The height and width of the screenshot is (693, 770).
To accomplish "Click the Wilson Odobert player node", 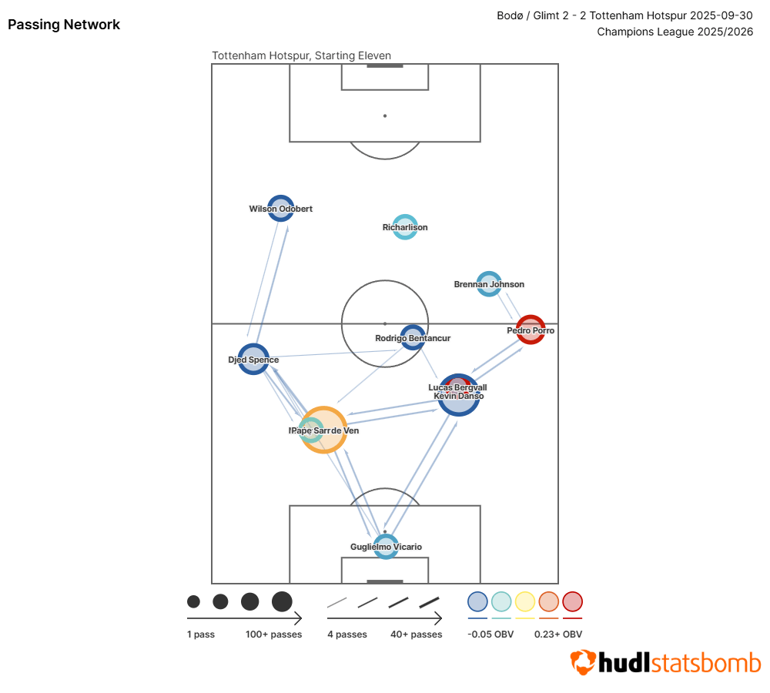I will tap(281, 208).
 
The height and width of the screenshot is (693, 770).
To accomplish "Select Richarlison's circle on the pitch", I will tap(405, 227).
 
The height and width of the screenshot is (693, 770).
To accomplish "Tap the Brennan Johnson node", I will tap(489, 284).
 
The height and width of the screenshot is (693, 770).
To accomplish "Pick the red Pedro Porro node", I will tap(531, 330).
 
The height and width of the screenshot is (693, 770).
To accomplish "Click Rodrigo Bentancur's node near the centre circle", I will tap(413, 337).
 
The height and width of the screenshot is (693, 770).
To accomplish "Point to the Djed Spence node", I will tap(253, 359).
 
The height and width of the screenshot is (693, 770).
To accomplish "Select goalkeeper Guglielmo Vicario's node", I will tap(386, 546).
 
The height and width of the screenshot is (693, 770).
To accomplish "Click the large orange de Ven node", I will tap(324, 430).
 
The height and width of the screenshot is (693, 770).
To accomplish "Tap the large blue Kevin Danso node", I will tap(459, 395).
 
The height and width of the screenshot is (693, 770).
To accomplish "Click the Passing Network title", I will tap(64, 25).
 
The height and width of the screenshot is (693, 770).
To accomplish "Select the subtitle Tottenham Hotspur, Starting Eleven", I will tap(301, 55).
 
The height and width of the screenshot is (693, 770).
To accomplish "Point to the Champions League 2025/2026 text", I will tap(675, 32).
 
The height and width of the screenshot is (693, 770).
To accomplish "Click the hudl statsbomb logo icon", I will tap(583, 663).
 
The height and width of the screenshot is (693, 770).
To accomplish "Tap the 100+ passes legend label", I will tap(273, 634).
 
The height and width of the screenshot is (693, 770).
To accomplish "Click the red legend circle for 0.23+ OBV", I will tap(572, 601).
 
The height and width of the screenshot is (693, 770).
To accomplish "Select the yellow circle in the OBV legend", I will tap(525, 601).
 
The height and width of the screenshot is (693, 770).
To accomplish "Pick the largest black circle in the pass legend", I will tap(282, 601).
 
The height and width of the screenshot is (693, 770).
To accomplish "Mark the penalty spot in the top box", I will tap(385, 115).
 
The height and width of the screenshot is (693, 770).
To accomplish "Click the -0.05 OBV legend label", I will tap(490, 634).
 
